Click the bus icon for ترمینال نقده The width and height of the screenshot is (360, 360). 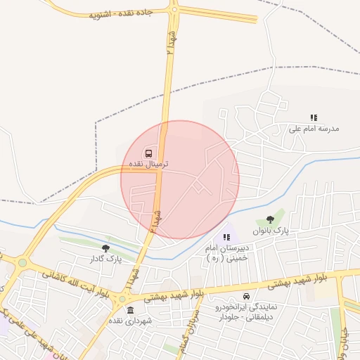pos(148,153)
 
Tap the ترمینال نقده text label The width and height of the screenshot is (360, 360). pos(148,163)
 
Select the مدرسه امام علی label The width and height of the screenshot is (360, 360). pos(314,129)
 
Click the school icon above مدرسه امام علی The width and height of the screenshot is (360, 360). pos(314,117)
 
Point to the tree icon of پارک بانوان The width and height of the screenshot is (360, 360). pos(271,219)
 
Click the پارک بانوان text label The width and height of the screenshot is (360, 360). pos(271,231)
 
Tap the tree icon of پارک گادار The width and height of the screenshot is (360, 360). pos(105,247)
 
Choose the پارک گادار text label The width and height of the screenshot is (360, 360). pos(106,259)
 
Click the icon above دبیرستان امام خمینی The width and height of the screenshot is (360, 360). pos(226,237)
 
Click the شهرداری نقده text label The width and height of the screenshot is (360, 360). pos(129,321)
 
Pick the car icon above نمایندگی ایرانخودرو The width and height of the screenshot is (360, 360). pos(245,296)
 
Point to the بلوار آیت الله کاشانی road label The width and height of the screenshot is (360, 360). pos(75,282)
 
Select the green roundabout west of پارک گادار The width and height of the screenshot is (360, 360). pos(22,263)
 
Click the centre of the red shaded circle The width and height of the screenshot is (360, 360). pos(180,179)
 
